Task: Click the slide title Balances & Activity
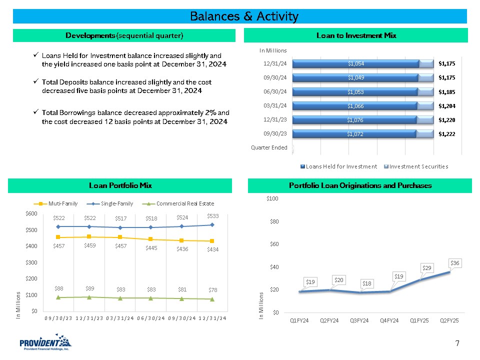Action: [244, 16]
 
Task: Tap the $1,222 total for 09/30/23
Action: [447, 134]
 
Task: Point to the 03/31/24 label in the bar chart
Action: [276, 105]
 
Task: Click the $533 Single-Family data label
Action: [212, 215]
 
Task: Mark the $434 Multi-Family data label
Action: [213, 249]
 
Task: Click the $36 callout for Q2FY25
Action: [455, 262]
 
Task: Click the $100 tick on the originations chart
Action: [272, 199]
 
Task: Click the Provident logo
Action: [45, 344]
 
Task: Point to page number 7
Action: [457, 343]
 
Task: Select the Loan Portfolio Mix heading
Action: [120, 185]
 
